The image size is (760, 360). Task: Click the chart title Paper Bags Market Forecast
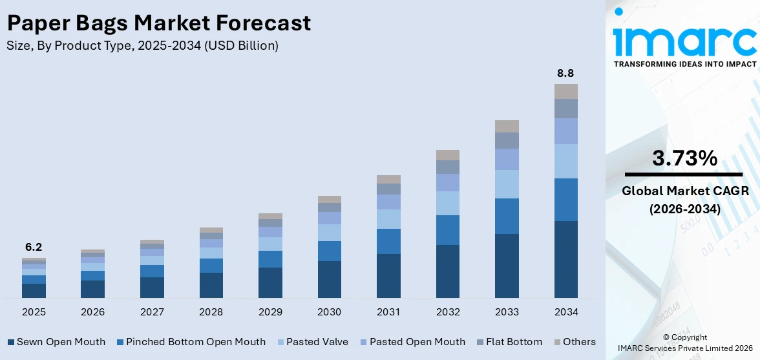coord(159,24)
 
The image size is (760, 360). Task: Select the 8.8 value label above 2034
coord(565,74)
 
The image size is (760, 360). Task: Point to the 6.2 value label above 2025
coord(34,247)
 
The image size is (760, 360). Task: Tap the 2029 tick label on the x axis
coord(270,312)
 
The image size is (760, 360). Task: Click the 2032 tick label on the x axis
coord(447,312)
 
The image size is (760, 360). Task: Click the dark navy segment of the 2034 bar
coord(565,259)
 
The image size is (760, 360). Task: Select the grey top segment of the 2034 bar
coord(565,91)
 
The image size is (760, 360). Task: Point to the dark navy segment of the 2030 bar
coord(329,279)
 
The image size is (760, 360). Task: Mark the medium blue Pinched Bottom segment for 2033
coord(507,216)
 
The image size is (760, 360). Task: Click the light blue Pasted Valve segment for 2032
coord(447,203)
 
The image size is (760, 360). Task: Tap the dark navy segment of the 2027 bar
coord(152,288)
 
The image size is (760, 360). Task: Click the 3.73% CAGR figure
coord(684,158)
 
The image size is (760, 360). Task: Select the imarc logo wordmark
coord(684,40)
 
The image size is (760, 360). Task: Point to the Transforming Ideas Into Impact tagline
coord(684,64)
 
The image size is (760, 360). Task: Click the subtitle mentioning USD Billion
coord(142,46)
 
